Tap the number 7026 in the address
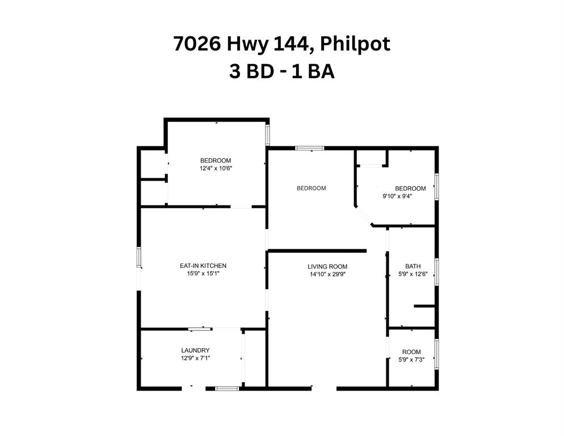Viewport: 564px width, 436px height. pos(196,44)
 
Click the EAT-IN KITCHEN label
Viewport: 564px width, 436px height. pos(203,266)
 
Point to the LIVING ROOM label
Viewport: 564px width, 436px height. pos(327,267)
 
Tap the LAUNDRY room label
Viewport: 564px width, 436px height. pos(195,350)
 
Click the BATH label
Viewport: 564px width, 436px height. pos(413,266)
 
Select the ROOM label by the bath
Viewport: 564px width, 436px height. pos(411,352)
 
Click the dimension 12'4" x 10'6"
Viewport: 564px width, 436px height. pos(216,168)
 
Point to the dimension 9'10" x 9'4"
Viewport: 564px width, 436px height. pos(397,196)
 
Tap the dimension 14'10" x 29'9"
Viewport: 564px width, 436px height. pos(327,274)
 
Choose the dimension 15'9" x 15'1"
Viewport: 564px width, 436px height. pos(203,274)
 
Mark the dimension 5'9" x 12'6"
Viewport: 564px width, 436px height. pos(413,274)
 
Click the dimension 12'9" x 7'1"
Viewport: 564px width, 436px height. pos(195,358)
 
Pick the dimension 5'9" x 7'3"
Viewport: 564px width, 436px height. pos(411,360)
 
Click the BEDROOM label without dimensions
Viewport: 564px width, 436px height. pos(312,188)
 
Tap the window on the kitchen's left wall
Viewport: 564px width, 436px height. pos(139,257)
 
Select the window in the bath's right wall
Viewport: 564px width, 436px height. pos(437,272)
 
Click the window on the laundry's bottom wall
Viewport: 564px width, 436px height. pos(227,388)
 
